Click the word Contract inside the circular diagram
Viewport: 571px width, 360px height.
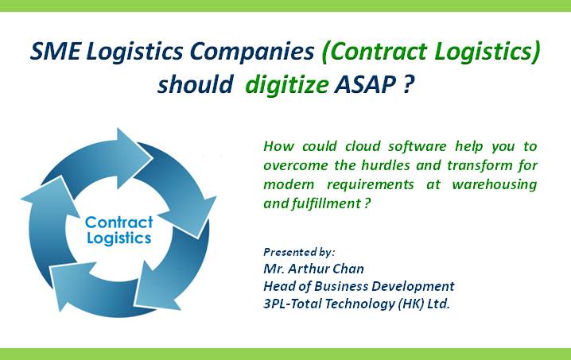(118, 222)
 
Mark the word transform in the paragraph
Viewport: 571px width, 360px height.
(472, 165)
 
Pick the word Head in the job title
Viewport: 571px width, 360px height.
(278, 286)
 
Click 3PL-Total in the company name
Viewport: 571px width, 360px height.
(294, 303)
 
